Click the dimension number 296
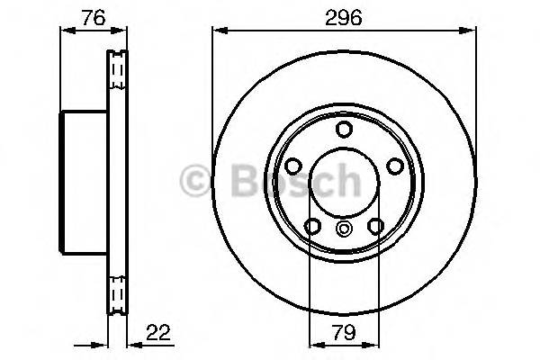343,17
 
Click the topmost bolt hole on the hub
343,130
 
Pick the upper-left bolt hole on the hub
293,166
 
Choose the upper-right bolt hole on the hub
392,166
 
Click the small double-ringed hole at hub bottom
343,229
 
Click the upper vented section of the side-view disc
115,72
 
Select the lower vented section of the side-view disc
115,292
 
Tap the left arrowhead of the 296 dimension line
217,31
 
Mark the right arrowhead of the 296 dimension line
469,31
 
